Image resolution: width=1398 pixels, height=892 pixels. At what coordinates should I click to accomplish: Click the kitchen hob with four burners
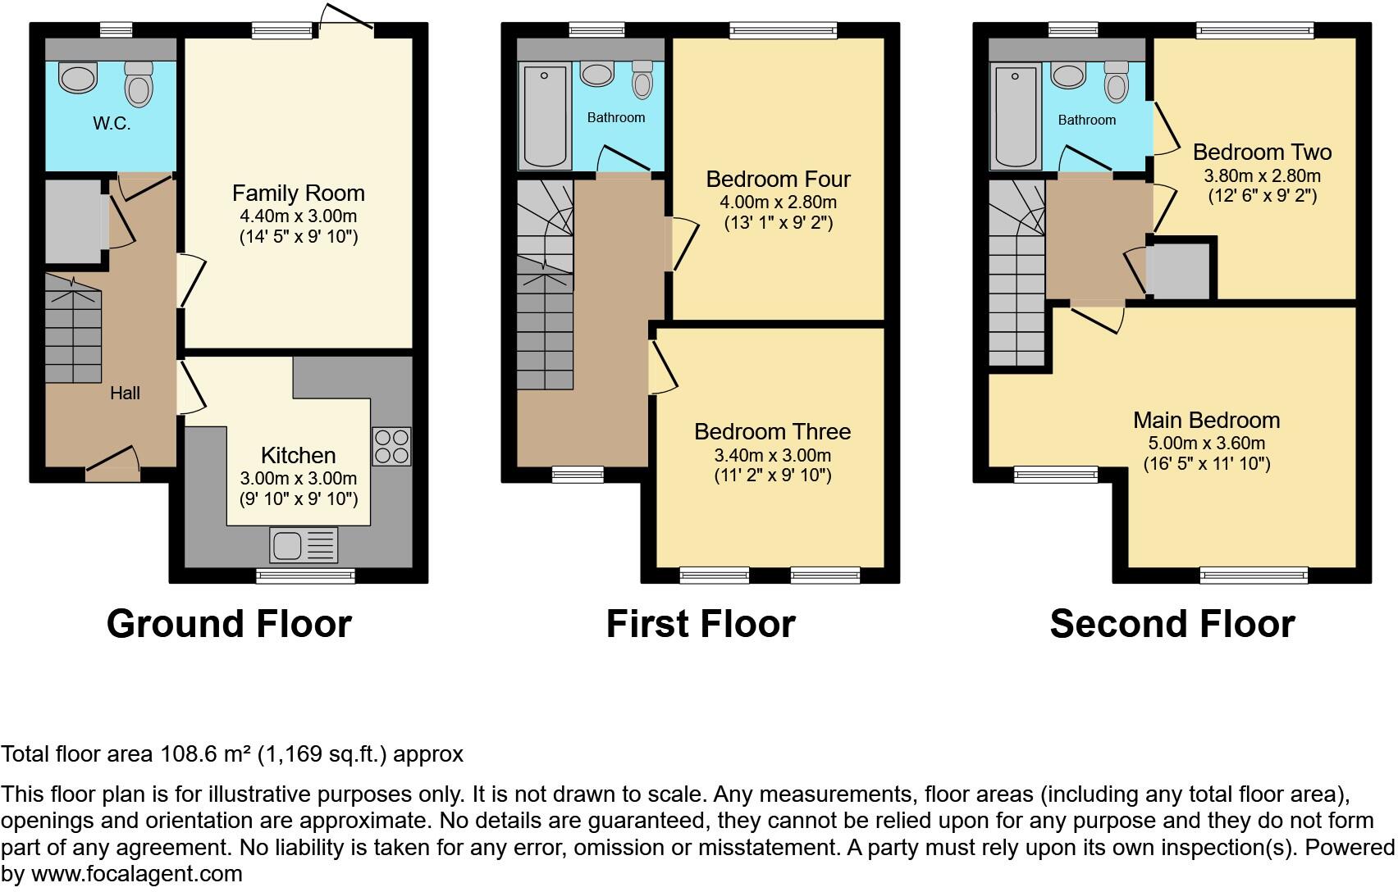[x=391, y=447]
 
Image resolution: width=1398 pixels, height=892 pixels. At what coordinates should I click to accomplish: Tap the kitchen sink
[x=303, y=545]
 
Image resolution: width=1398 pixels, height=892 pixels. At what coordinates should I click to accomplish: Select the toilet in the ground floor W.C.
[x=139, y=84]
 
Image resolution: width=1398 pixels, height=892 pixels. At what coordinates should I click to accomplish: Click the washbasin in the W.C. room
[x=78, y=80]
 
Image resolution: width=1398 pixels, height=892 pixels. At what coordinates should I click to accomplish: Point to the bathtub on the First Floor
[x=545, y=118]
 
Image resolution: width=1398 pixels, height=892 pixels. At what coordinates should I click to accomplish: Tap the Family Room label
[x=298, y=193]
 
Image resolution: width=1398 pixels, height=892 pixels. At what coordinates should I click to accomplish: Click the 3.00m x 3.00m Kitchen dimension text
[x=298, y=479]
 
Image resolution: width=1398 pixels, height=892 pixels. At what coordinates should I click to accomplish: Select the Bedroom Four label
[x=778, y=179]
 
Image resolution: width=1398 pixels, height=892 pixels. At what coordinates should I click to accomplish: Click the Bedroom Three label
[x=772, y=431]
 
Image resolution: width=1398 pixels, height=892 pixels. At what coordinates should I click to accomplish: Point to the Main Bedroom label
[x=1206, y=420]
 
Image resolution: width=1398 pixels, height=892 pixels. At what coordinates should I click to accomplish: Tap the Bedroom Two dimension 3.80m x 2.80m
[x=1262, y=175]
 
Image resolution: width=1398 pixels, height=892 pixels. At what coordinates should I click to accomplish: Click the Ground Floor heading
[x=229, y=624]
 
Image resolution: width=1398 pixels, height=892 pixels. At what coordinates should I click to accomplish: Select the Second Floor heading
[x=1172, y=624]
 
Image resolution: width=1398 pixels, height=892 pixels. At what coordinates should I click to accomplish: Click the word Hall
[x=125, y=394]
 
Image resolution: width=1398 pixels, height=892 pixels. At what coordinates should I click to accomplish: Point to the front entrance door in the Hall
[x=112, y=465]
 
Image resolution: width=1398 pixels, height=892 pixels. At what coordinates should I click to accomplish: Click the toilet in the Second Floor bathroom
[x=1116, y=81]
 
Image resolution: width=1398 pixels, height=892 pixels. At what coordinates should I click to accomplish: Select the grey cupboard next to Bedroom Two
[x=1180, y=271]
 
